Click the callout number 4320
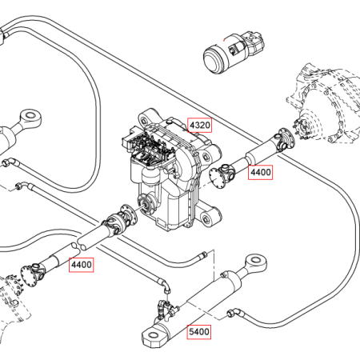coord(200,125)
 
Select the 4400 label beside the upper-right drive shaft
coord(260,172)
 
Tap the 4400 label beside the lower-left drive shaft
coord(82,265)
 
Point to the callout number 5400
coord(199,332)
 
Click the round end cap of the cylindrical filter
coord(214,60)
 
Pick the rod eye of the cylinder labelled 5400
coord(256,261)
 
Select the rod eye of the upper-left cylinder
coord(31,117)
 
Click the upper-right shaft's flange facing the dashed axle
coord(287,138)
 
